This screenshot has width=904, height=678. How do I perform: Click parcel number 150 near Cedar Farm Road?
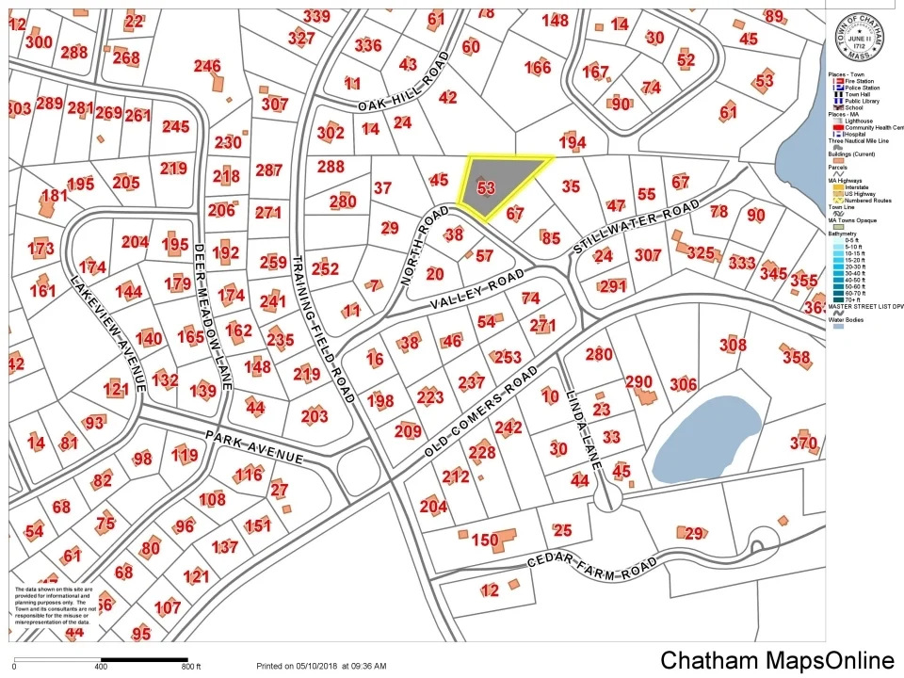tap(484, 541)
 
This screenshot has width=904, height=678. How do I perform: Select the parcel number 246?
tap(207, 66)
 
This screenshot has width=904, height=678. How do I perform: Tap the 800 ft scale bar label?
tap(192, 667)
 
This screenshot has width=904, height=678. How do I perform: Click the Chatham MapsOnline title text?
tap(777, 660)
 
